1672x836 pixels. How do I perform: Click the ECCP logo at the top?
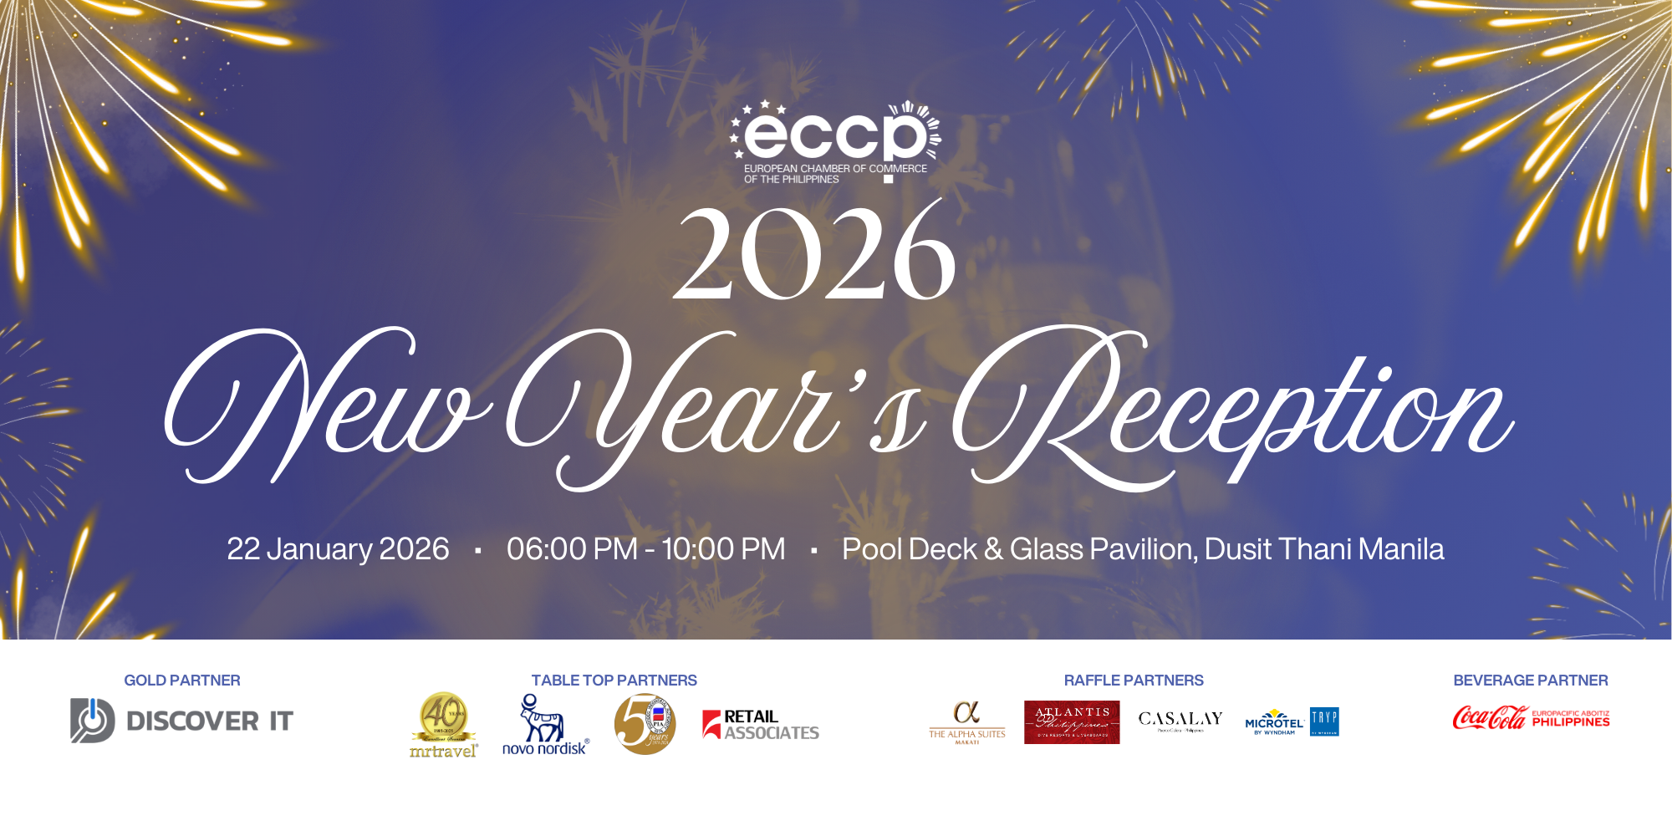point(836,140)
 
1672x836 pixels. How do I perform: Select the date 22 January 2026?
point(338,549)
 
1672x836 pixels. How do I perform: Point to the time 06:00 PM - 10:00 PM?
point(645,549)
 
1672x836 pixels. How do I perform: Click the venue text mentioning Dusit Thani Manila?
point(1143,549)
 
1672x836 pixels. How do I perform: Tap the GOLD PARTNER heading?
point(182,681)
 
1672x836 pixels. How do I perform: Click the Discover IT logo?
point(181,721)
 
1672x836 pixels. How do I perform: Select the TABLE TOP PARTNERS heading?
point(614,681)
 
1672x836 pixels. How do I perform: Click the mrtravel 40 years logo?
point(444,725)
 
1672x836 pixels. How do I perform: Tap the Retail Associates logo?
point(761,725)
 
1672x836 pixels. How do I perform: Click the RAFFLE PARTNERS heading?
point(1134,681)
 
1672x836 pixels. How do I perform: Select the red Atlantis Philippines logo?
point(1072,722)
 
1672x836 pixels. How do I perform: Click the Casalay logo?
point(1180,720)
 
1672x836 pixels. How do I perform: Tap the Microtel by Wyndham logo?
point(1274,722)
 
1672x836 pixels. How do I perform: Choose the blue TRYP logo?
point(1324,721)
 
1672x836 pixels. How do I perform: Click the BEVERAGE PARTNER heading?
point(1530,681)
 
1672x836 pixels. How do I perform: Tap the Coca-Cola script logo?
point(1490,718)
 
